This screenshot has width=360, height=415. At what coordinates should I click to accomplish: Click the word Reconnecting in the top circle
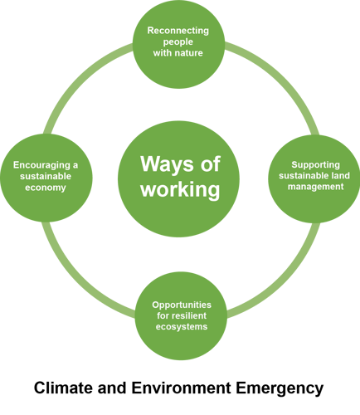coord(178,31)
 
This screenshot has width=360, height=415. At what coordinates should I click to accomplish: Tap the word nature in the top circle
coord(189,53)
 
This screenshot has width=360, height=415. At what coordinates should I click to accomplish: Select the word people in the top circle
coord(178,42)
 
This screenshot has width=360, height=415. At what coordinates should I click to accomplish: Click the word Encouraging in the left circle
coord(41,165)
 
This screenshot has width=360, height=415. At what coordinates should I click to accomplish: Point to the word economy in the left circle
coord(46,188)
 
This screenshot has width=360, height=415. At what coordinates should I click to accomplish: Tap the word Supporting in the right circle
coord(315,165)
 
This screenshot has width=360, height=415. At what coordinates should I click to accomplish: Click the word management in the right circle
coord(315,187)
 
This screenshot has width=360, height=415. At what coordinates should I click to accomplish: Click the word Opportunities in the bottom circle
coord(182,305)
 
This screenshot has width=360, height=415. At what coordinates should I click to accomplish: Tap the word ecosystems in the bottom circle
coord(182,327)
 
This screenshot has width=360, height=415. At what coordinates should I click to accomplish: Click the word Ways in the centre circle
coord(167,165)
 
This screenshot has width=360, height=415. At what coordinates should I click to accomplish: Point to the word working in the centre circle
coord(180,190)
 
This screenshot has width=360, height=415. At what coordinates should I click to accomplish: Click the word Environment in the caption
coord(181,388)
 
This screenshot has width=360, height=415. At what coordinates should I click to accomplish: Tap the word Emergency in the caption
coord(280,389)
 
